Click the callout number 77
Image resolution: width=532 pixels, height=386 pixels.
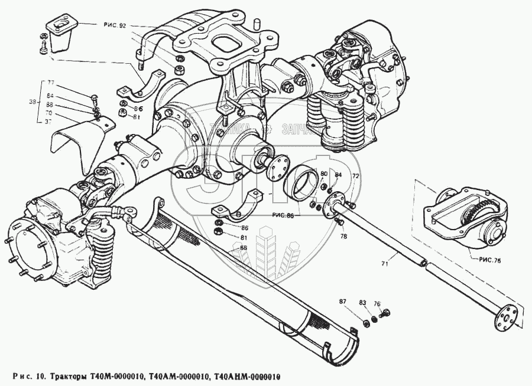click(x=51, y=83)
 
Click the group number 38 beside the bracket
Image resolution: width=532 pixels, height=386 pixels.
click(x=33, y=102)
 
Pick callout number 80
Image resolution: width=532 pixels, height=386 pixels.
click(x=323, y=174)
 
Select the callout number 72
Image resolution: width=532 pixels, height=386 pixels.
click(x=355, y=176)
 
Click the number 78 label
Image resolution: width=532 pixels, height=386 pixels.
click(x=345, y=237)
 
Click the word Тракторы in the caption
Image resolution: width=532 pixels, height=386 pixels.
click(x=70, y=377)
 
